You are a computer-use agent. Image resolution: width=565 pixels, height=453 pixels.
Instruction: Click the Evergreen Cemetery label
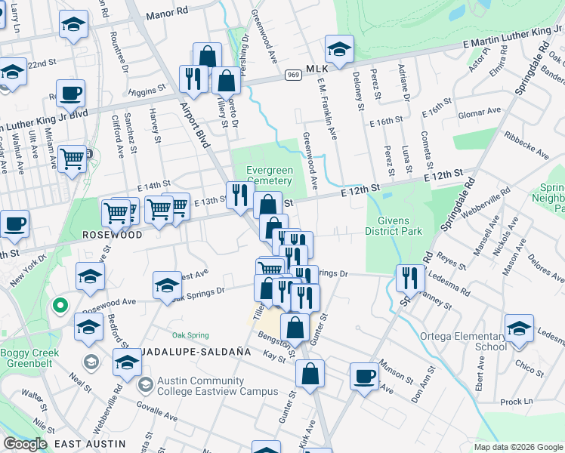(262, 175)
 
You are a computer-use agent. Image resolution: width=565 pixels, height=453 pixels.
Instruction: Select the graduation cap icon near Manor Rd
(73, 25)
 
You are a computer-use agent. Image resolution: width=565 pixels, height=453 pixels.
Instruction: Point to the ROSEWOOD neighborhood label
(112, 235)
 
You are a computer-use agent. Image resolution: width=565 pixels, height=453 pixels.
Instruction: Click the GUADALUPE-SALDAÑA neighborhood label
(182, 352)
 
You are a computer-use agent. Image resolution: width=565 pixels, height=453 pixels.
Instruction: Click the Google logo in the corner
(25, 443)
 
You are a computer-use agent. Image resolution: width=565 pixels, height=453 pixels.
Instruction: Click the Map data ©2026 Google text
(518, 447)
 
